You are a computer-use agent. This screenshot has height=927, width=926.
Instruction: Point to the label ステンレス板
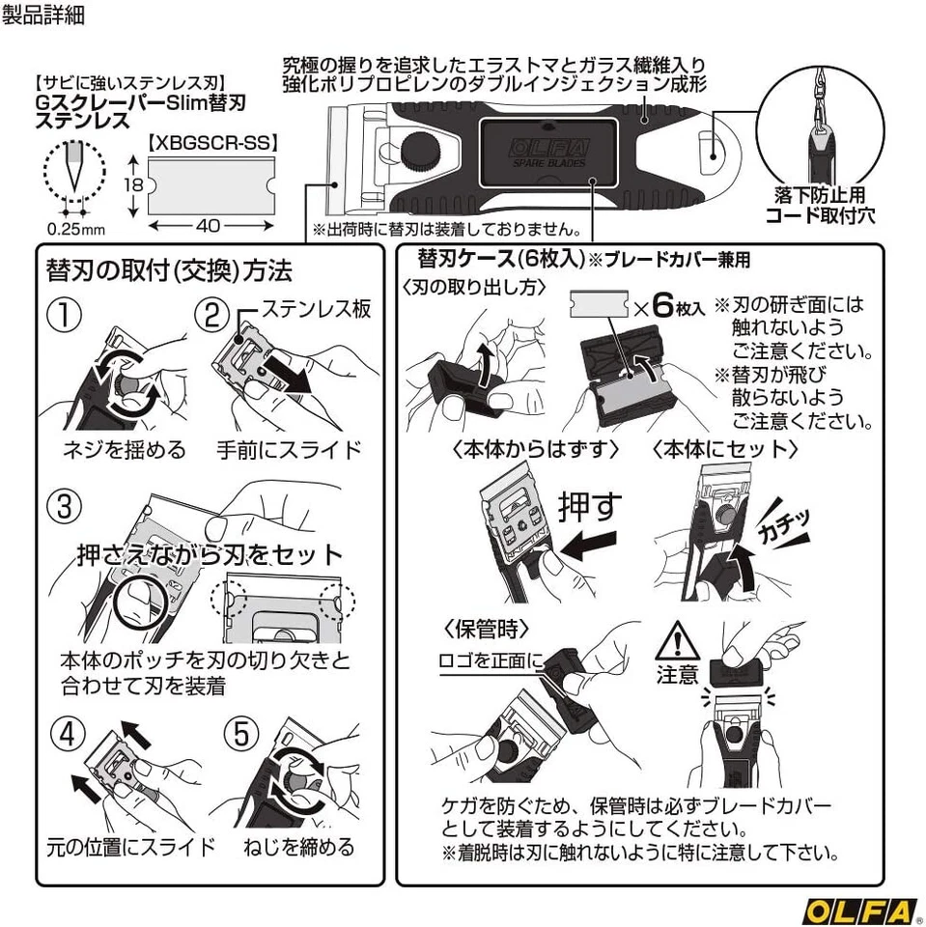(317, 311)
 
